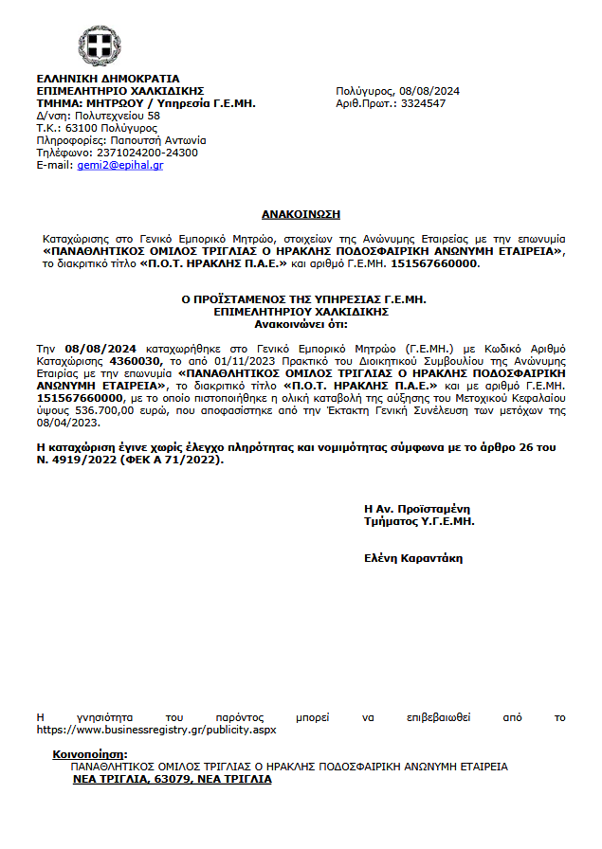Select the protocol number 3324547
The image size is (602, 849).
click(423, 103)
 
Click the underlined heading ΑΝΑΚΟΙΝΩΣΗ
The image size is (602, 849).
click(301, 215)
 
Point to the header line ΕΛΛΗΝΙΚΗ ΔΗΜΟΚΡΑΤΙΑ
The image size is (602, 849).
click(107, 79)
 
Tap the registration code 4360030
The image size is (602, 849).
click(136, 361)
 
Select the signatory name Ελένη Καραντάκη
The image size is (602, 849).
click(413, 558)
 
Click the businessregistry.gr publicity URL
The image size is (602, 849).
click(155, 731)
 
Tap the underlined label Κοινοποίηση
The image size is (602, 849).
click(90, 753)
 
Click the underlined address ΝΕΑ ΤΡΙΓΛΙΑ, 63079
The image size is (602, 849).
click(172, 779)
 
